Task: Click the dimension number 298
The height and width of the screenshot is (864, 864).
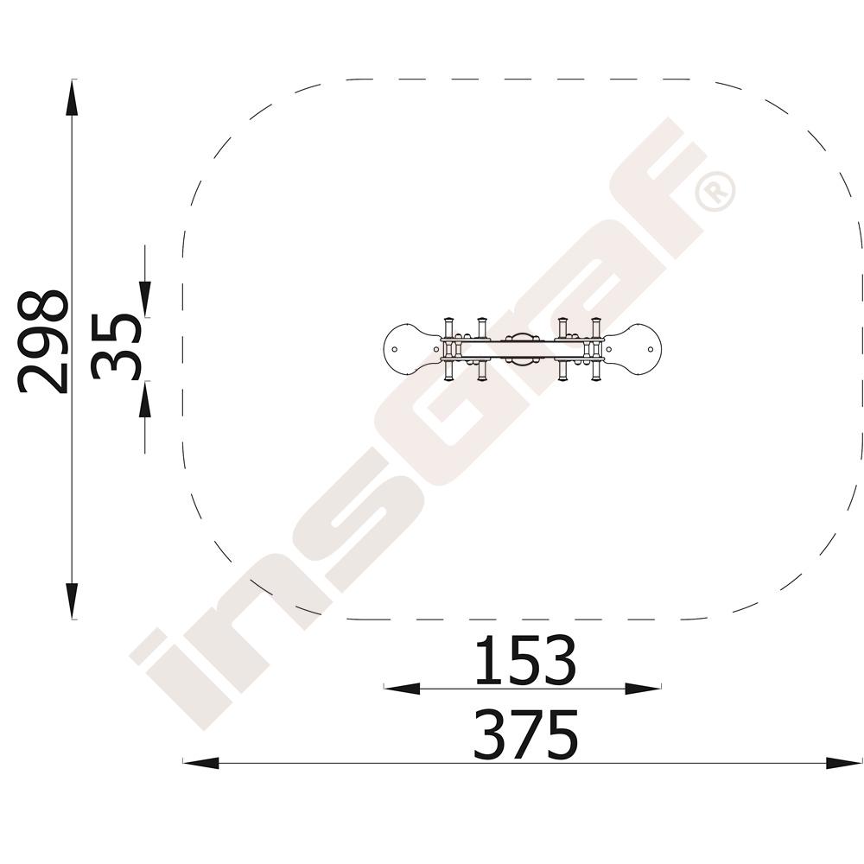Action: (43, 341)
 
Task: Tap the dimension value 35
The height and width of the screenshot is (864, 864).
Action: (116, 347)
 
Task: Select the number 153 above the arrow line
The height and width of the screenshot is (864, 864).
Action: (524, 659)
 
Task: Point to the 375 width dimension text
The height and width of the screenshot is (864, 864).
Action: (526, 734)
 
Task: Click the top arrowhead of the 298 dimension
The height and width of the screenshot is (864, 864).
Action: (72, 98)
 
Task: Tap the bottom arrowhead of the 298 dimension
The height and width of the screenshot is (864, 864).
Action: (72, 601)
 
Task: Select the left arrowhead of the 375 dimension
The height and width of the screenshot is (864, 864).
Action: (200, 763)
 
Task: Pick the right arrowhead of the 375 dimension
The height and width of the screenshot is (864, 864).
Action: (843, 763)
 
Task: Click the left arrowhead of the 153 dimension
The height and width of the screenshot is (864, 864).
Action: (402, 689)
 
